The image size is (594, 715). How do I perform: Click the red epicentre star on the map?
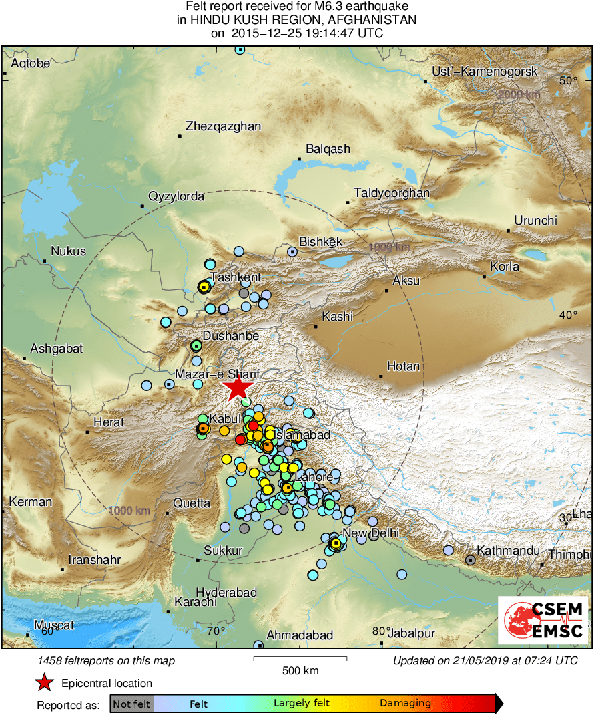click(x=237, y=388)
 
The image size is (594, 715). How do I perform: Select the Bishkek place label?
click(x=320, y=242)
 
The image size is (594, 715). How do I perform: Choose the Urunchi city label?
click(x=535, y=221)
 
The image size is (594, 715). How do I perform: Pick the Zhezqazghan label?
click(x=223, y=126)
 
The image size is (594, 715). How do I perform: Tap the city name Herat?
click(x=109, y=422)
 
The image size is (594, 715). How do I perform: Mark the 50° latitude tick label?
click(x=568, y=81)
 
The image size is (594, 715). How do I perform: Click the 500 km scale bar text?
click(x=300, y=670)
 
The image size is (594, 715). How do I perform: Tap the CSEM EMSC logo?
click(x=543, y=619)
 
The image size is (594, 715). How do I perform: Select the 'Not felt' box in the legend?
click(x=131, y=703)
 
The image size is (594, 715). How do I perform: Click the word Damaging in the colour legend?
click(x=405, y=703)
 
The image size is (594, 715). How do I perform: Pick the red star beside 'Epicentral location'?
click(x=44, y=683)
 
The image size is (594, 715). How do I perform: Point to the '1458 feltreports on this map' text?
click(x=107, y=661)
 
